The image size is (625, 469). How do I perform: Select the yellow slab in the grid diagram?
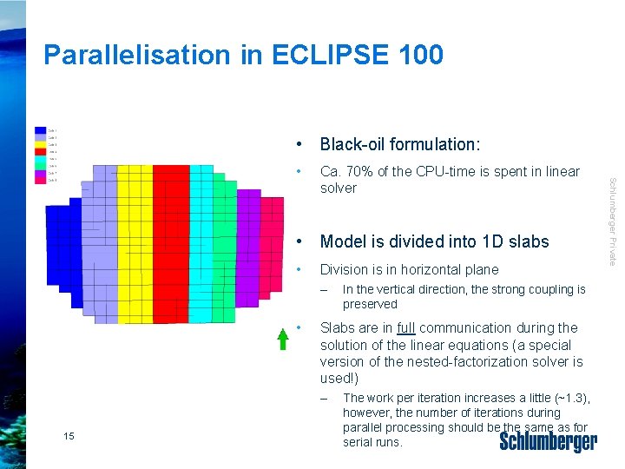coord(135,243)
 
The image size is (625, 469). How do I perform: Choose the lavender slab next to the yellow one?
coord(105,243)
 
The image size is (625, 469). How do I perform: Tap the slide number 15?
coord(69,435)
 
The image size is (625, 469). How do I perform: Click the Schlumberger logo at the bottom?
coord(548,442)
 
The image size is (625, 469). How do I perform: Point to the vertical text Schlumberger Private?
coord(612,221)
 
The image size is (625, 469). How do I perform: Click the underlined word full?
coord(406,328)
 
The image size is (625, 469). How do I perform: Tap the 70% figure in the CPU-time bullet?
coord(359,172)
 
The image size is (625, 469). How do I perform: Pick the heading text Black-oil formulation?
coord(399,144)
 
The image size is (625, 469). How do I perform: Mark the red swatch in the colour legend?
coord(41,151)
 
